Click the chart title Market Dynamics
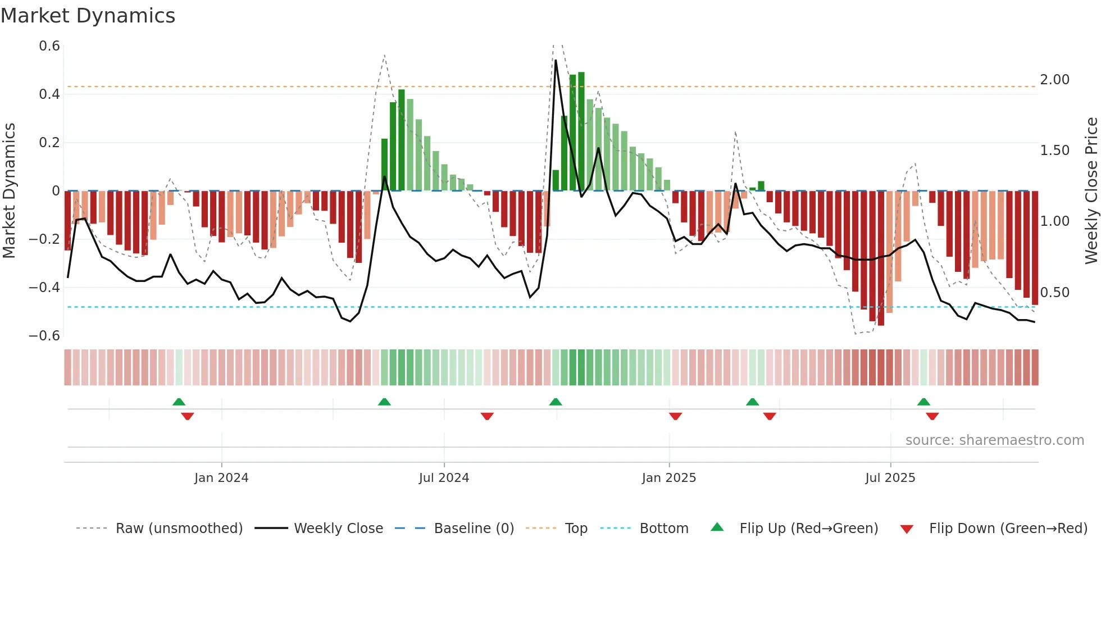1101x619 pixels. click(x=88, y=16)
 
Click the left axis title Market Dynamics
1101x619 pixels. click(x=10, y=190)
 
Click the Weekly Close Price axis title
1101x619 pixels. click(x=1091, y=190)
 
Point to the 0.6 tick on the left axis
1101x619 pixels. click(x=49, y=46)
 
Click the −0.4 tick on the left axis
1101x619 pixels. click(x=44, y=288)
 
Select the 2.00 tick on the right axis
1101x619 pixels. click(x=1054, y=80)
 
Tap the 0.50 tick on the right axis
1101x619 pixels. click(x=1054, y=293)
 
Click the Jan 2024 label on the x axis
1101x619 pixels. click(x=221, y=478)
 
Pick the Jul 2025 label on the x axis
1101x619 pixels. click(x=890, y=478)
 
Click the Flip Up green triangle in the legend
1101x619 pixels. click(x=717, y=527)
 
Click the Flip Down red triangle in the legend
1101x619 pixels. click(x=907, y=529)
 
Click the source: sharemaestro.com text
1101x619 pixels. click(x=994, y=440)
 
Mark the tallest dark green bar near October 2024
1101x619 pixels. click(x=581, y=131)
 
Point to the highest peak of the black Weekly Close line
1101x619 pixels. click(x=556, y=61)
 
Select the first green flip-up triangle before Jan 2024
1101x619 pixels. click(x=179, y=402)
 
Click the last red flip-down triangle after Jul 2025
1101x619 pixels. click(x=932, y=416)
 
